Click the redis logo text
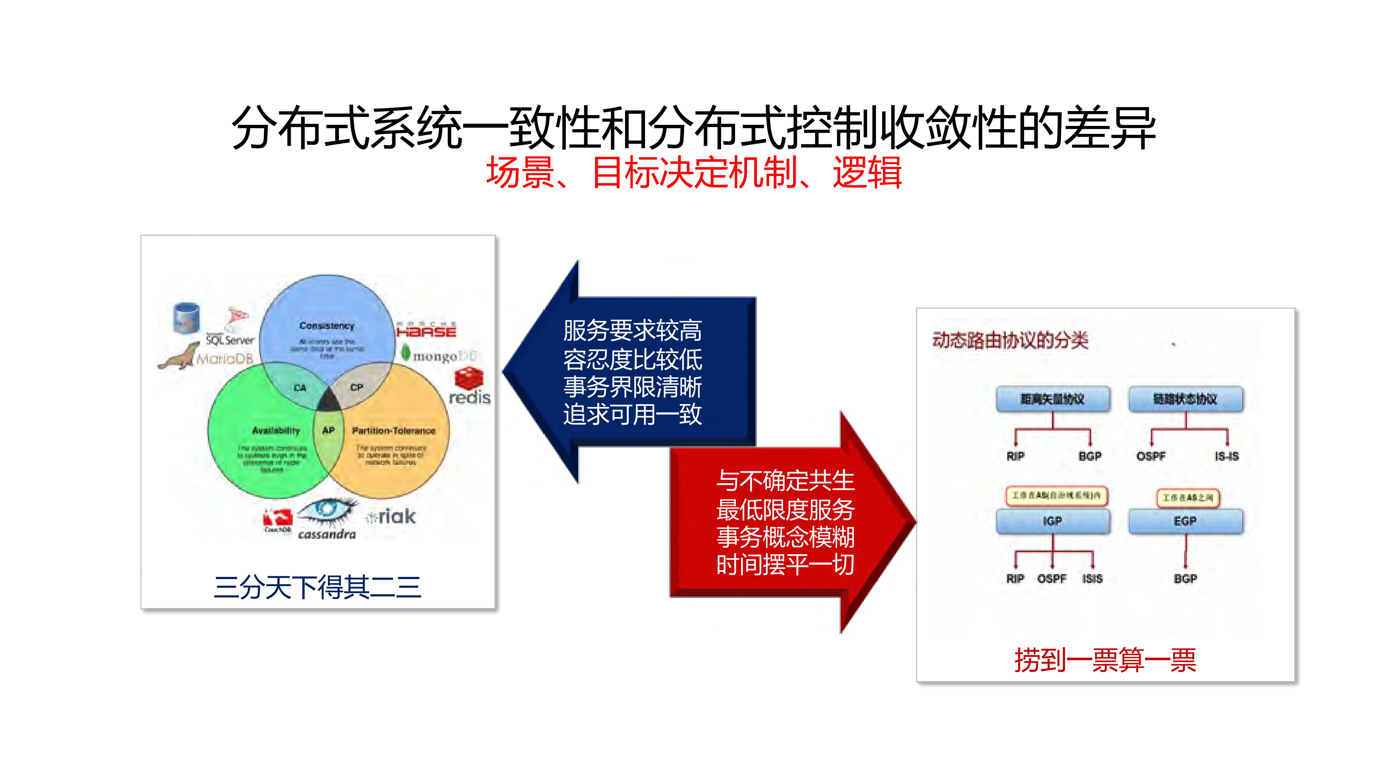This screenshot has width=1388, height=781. [x=469, y=398]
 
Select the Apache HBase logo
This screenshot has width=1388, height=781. [x=426, y=330]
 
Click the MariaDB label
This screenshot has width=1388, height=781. [x=225, y=359]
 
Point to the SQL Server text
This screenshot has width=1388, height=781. [x=230, y=340]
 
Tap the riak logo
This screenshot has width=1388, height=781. [x=392, y=516]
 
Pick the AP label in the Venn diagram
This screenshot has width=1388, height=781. [x=328, y=430]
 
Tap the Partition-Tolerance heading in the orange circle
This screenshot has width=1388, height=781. [x=393, y=431]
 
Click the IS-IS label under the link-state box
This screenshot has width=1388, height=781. [x=1226, y=457]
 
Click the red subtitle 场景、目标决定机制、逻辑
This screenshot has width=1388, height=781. [x=693, y=173]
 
